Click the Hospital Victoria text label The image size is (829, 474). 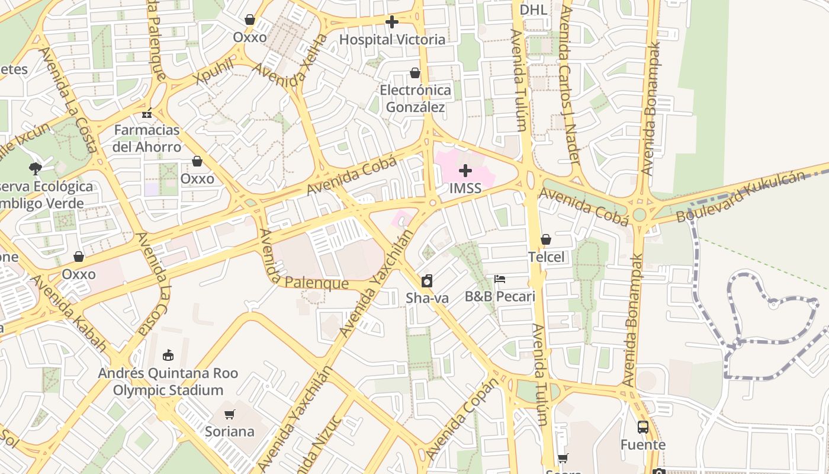point(392,40)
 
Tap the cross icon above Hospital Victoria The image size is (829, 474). point(391,22)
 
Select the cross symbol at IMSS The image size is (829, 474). point(465,171)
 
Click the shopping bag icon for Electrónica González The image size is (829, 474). point(415,73)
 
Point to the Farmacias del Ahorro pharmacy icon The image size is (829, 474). point(147,113)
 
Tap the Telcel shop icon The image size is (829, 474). point(545,239)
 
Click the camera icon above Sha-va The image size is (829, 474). point(427,280)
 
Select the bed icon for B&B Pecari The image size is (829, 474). point(500,279)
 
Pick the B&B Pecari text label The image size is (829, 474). point(500,296)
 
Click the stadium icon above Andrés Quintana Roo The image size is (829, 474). point(168,355)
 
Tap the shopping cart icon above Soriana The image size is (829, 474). point(230,414)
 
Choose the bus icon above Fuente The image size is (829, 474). point(642,427)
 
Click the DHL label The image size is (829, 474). point(534,9)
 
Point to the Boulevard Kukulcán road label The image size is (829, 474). point(741,197)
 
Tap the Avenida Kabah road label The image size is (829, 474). point(70,312)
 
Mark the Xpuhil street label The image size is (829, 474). point(214,72)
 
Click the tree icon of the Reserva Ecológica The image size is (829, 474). point(36,168)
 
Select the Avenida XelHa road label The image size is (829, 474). point(291,63)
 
